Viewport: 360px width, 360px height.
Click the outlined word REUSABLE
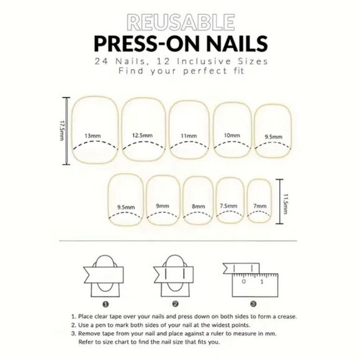[179, 23]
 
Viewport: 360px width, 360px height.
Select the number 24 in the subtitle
[102, 62]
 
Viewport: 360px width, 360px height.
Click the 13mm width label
[92, 135]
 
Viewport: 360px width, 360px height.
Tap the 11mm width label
[189, 135]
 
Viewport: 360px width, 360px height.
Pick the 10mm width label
[232, 135]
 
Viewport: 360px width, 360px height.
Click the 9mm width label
[163, 205]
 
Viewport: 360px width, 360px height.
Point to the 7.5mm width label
[228, 205]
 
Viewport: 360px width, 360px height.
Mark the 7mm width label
[260, 205]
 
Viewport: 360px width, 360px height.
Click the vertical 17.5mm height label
[62, 130]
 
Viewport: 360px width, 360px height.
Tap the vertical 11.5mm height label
[285, 202]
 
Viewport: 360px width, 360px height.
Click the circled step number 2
[176, 304]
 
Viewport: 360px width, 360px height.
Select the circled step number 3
[254, 304]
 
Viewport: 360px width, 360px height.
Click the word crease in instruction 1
[279, 317]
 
